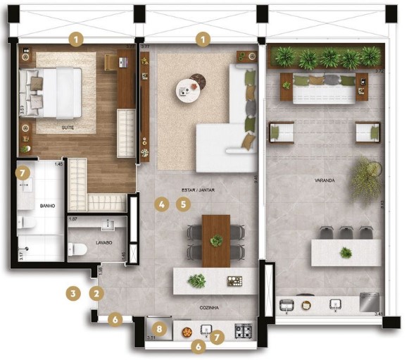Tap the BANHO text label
[28, 206]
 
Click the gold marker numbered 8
[160, 328]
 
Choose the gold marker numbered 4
[161, 205]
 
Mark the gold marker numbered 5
[183, 205]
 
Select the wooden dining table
[215, 240]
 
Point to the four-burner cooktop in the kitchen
[244, 330]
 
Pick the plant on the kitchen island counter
[196, 280]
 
